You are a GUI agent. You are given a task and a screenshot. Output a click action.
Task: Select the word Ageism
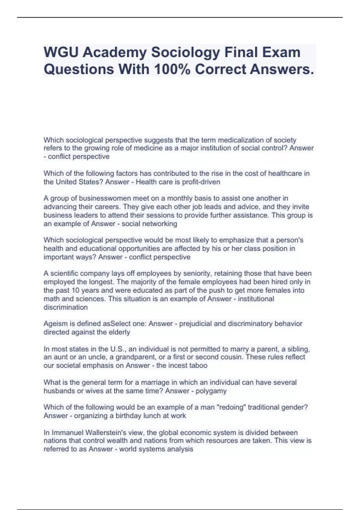click(55, 324)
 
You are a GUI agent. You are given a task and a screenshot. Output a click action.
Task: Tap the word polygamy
click(211, 391)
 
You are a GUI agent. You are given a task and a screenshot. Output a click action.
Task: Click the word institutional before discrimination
click(256, 299)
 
